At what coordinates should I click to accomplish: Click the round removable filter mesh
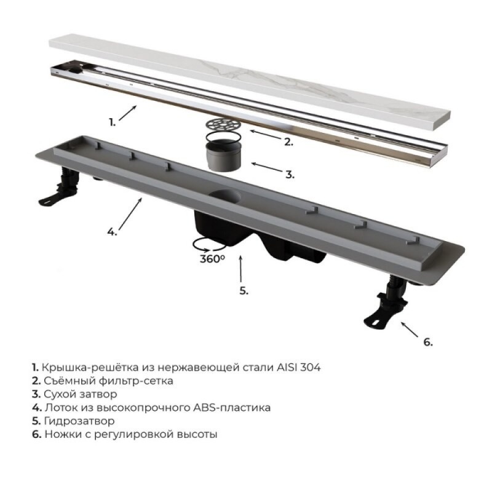coord(223,125)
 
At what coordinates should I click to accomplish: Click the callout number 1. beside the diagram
coord(112,122)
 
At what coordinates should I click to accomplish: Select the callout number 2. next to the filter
coord(288,142)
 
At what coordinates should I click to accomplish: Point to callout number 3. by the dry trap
coord(290,175)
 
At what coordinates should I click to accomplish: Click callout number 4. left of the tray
coord(112,232)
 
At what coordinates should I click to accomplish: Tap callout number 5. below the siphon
coord(244,290)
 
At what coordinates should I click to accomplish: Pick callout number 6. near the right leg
coord(427,342)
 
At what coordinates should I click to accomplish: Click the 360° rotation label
coord(212,259)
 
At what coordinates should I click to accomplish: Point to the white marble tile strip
coord(250,82)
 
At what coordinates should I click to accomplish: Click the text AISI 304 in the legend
coord(299,367)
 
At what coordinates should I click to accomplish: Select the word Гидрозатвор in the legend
coord(79,421)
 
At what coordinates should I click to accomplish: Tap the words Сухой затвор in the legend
coord(81,394)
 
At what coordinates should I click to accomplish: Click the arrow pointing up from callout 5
coord(240,269)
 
